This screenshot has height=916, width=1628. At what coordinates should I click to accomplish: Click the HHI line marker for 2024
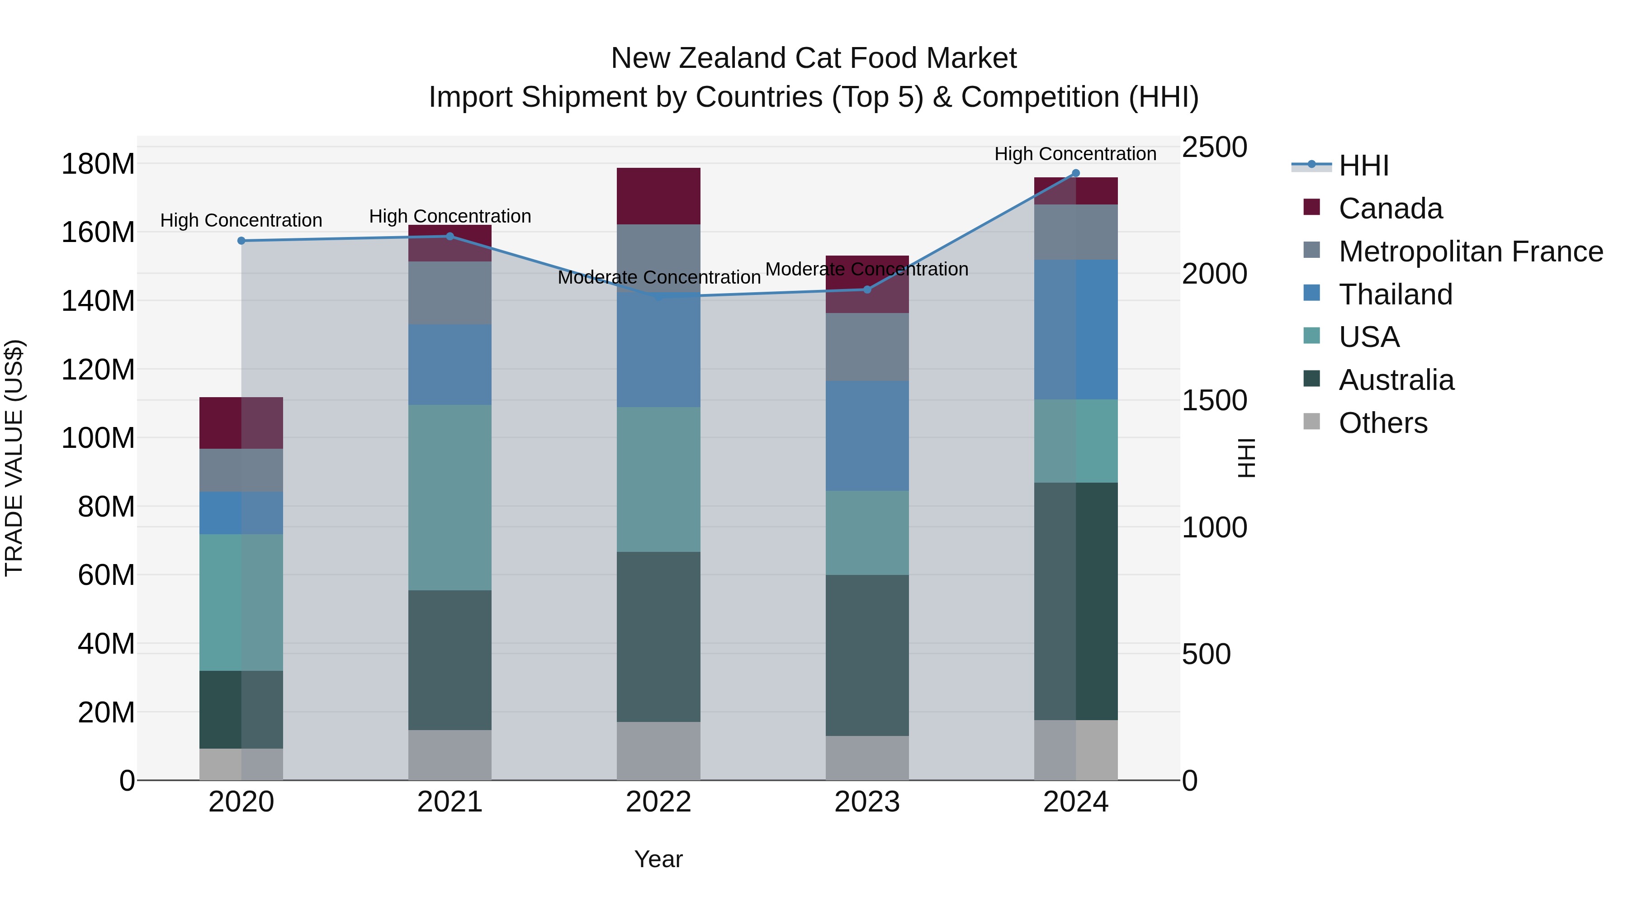1076,173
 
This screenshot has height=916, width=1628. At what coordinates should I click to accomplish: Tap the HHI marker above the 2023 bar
867,290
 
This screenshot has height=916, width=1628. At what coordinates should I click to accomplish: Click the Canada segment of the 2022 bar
658,196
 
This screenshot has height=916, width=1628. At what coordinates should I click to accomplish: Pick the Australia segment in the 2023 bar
867,655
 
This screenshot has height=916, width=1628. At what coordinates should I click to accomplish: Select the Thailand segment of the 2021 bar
450,365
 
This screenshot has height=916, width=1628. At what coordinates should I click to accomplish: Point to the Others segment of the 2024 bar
1076,750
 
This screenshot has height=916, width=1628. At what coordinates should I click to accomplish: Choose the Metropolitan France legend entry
1471,252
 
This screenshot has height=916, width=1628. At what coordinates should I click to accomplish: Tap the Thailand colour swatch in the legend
1311,293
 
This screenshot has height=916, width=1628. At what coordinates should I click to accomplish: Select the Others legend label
1383,423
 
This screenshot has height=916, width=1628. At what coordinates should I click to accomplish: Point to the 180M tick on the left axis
98,164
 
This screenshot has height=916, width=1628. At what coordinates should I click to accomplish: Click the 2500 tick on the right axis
1214,147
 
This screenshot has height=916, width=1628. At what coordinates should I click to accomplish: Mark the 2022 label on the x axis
658,802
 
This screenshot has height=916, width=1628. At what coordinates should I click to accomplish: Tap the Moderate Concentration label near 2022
658,278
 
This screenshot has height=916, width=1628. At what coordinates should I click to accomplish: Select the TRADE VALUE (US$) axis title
14,458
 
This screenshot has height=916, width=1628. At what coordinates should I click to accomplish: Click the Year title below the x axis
658,859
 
